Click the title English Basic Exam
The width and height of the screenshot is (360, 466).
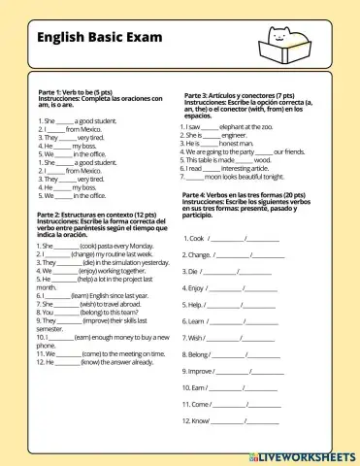tap(92, 39)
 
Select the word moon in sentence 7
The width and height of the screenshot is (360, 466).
tap(220, 176)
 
